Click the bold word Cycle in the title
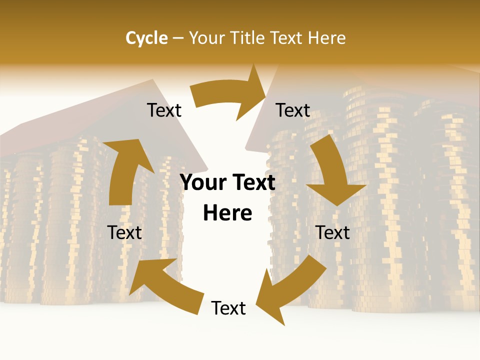point(146,38)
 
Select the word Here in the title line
point(327,38)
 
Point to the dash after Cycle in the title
point(178,38)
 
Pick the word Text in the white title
point(287,38)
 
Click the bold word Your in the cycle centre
point(203,182)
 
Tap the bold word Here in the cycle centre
point(227,213)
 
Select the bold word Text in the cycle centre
point(252,182)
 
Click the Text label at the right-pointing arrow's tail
point(164,110)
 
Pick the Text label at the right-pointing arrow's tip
point(293,110)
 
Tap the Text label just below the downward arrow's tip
point(332,232)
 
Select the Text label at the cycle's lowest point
point(228,308)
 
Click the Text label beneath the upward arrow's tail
point(124,232)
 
